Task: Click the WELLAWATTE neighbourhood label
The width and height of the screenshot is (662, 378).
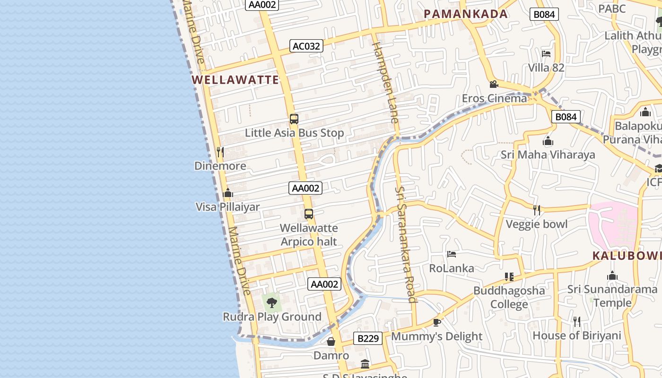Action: (x=235, y=79)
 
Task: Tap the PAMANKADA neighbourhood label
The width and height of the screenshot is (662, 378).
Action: (x=466, y=14)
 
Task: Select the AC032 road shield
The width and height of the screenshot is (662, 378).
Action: (x=306, y=46)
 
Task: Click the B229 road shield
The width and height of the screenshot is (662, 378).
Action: (x=368, y=338)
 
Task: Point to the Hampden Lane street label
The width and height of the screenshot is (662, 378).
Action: (x=386, y=82)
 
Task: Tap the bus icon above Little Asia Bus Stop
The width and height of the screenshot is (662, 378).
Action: (x=294, y=119)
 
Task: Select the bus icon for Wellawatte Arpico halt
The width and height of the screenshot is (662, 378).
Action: (x=309, y=214)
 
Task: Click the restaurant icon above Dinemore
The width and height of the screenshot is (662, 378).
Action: (x=220, y=152)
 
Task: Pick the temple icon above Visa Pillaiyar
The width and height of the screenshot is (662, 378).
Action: (x=228, y=193)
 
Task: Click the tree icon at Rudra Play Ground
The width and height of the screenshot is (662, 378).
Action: (x=271, y=302)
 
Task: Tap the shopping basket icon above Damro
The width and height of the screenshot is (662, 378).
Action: (x=331, y=341)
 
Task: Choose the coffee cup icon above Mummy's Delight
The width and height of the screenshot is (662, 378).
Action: (x=436, y=322)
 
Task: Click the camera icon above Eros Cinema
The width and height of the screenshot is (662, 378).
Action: (x=494, y=85)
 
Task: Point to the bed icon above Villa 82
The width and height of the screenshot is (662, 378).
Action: (x=546, y=54)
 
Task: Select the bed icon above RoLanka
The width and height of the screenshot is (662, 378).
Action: (x=452, y=254)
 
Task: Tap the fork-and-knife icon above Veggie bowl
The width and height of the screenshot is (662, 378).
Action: (x=537, y=210)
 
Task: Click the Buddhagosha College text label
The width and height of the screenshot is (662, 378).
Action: (x=509, y=297)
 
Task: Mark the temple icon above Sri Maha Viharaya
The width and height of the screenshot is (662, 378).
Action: (x=548, y=141)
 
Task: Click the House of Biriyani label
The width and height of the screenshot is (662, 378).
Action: (x=577, y=335)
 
